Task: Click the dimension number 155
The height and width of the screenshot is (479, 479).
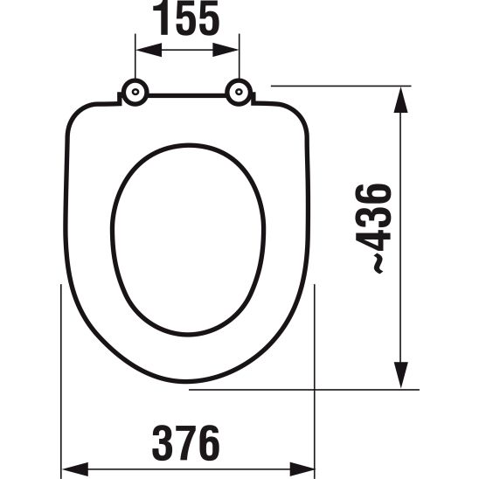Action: [x=187, y=20]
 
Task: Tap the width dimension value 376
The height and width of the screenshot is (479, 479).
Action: [x=186, y=443]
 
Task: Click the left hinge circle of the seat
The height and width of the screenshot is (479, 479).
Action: [x=135, y=93]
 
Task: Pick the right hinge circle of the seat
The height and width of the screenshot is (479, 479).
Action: [x=238, y=93]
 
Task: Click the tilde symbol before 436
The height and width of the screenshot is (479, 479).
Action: [x=378, y=264]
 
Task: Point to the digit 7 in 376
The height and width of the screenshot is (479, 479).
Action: [x=186, y=443]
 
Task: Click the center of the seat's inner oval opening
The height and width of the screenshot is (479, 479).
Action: [x=187, y=239]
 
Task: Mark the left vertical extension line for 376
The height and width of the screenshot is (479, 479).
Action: [x=59, y=376]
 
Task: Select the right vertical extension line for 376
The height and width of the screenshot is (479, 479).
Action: [x=315, y=376]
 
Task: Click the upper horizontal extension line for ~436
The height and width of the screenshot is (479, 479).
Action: [x=341, y=86]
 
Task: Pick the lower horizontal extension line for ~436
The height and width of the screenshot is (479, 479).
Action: [x=306, y=390]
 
